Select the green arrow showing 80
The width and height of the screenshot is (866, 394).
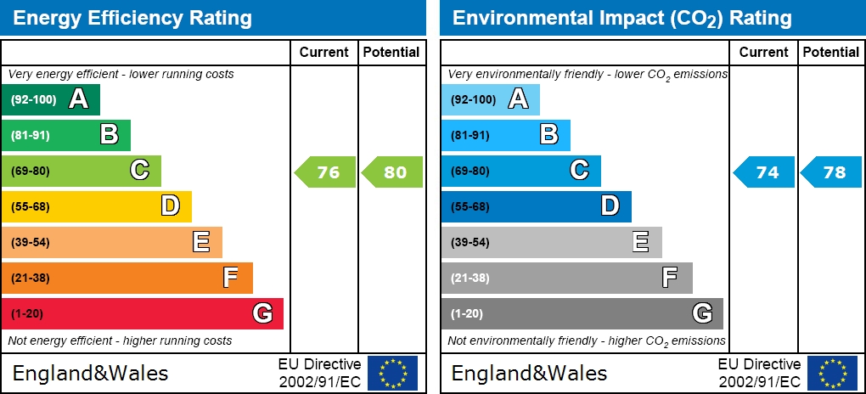[393, 172]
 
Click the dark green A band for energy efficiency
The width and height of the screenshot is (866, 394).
[51, 100]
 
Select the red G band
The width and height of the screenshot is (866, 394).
[142, 314]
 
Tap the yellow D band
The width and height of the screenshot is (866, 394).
[96, 207]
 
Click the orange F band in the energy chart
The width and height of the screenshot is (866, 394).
[127, 279]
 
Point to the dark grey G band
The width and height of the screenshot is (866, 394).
[582, 314]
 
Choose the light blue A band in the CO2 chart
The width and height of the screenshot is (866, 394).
[490, 100]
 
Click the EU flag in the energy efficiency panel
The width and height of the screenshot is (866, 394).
[392, 373]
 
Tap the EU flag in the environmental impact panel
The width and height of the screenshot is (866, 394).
[831, 373]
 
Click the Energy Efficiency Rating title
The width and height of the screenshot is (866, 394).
[132, 18]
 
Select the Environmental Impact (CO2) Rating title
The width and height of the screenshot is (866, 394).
[621, 18]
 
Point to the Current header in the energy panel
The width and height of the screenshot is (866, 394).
[323, 52]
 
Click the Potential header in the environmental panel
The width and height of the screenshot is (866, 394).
[831, 52]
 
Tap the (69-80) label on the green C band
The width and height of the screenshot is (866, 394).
[31, 172]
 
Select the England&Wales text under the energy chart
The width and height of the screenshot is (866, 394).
[90, 373]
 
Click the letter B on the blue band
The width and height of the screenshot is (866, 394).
[549, 134]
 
